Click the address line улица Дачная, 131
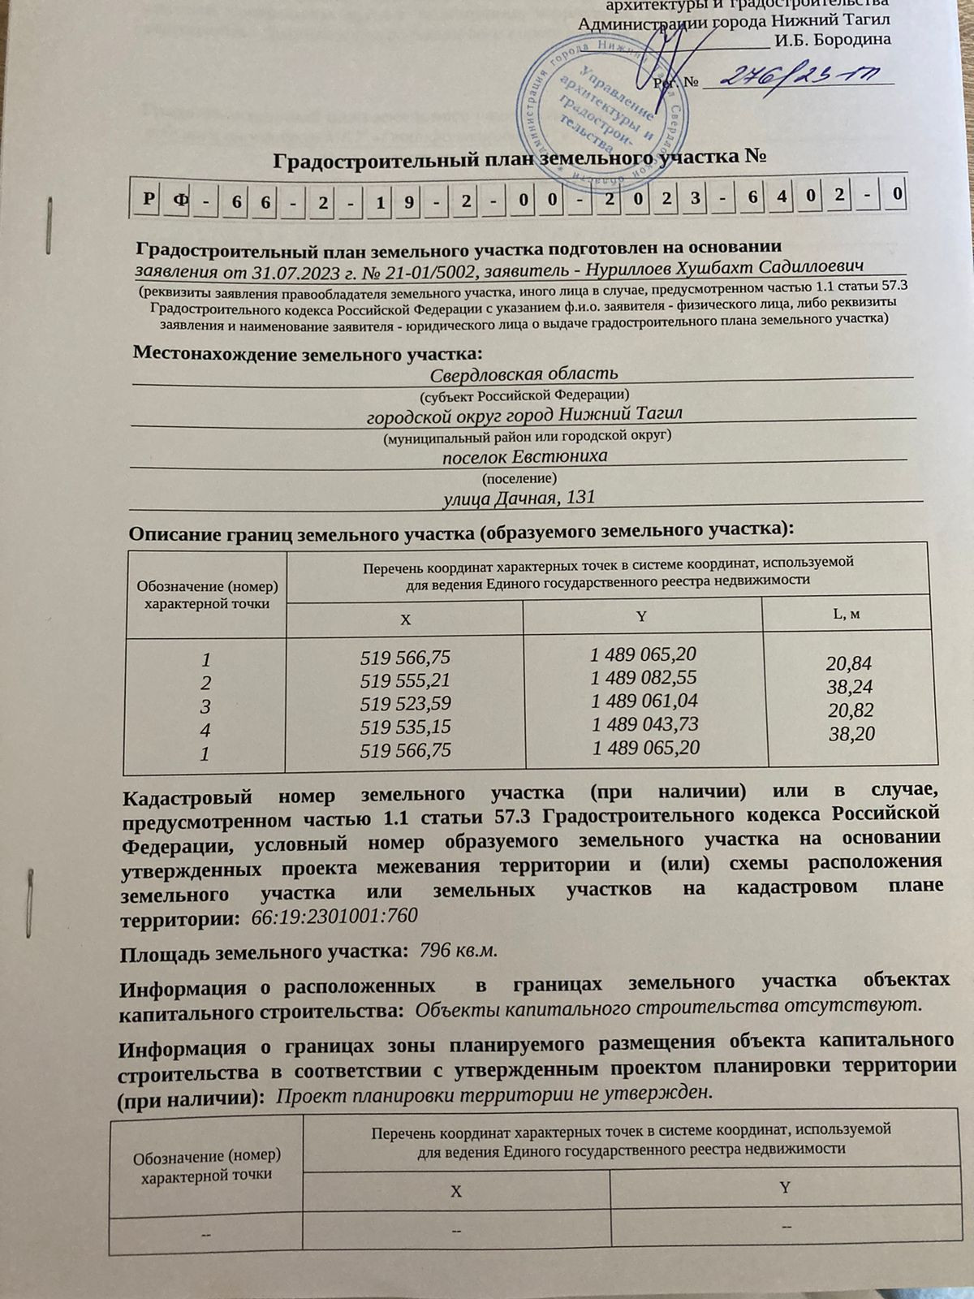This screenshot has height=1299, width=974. point(519,497)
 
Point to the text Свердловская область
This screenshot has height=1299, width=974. point(524,373)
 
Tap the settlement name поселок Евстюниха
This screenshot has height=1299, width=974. point(524,455)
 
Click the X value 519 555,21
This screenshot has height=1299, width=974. point(405,680)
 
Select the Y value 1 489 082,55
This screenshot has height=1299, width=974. point(644,677)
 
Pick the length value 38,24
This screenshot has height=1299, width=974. point(850,688)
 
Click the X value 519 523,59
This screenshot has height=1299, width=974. point(405,703)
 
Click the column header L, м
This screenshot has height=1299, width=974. point(847,614)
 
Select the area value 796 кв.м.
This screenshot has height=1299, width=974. point(456,949)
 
